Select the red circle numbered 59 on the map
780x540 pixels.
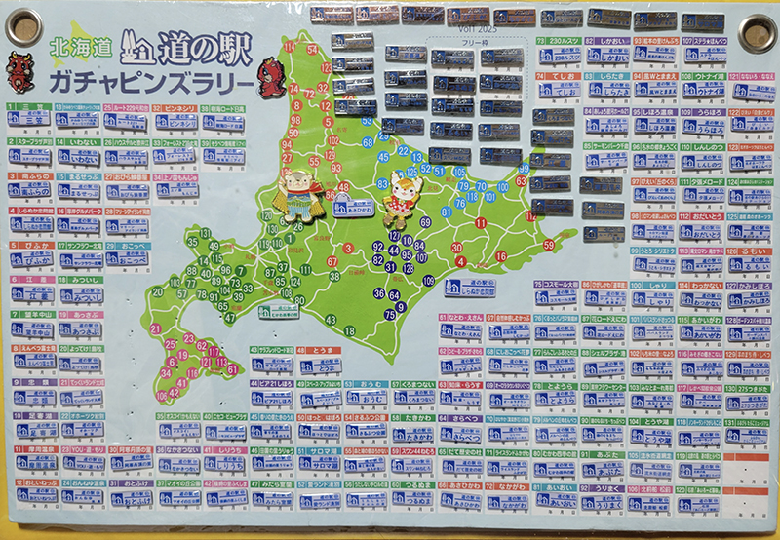click(548, 245)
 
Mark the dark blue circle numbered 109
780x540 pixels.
click(427, 281)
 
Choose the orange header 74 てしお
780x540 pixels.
click(562, 74)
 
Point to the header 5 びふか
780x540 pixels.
click(24, 248)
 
